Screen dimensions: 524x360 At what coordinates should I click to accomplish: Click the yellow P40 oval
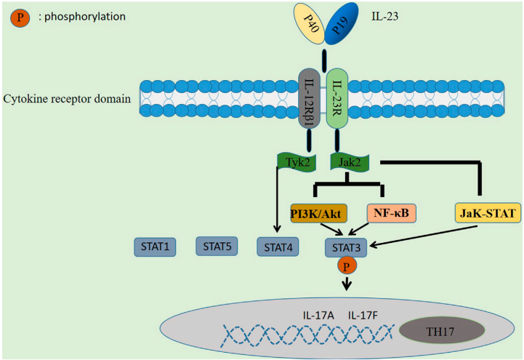point(310,23)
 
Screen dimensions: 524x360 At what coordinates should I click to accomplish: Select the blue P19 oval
point(341,24)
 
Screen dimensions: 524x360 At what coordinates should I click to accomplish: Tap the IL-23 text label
point(385,17)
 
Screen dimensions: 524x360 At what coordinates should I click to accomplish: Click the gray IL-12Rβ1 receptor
point(309,99)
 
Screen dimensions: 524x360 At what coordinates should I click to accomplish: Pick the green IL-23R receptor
point(337,99)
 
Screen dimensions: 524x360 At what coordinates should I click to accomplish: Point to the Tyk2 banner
point(297,163)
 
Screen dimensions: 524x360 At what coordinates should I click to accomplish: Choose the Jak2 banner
point(350,162)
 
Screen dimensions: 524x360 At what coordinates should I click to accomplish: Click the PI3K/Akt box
point(318,213)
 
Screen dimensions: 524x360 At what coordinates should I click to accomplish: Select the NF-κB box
point(391,213)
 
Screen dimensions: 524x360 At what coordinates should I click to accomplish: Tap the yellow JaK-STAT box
point(488,213)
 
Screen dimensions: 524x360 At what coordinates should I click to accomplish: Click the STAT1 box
point(155,247)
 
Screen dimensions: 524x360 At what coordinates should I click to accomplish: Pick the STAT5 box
point(217,247)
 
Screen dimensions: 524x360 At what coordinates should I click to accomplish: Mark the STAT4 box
point(278,247)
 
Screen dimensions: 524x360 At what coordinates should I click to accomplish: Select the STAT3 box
point(346,248)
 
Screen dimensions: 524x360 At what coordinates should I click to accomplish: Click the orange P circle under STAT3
point(347,266)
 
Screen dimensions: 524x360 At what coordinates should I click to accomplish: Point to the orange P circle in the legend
point(20,17)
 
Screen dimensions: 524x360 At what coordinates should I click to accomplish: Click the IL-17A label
point(318,315)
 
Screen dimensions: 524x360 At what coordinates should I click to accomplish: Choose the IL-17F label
point(363,315)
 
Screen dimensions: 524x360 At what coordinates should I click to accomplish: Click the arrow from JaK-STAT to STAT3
point(423,236)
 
